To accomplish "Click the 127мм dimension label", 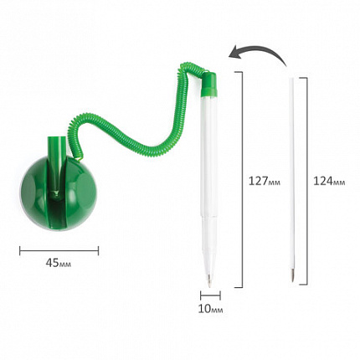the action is point(265,181).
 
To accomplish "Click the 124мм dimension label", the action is point(329,181).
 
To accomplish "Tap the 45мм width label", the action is point(59,263).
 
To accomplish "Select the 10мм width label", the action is point(210,309).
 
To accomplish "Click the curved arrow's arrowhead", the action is point(234,52).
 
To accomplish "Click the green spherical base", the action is point(58,193).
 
